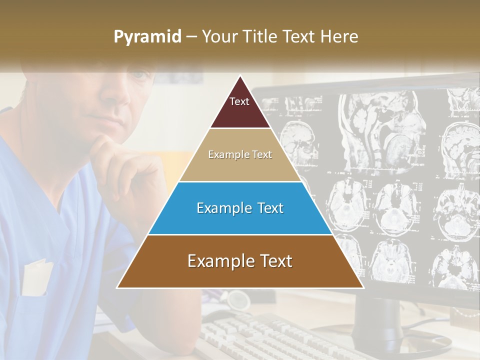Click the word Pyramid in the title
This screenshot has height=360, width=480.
[x=147, y=37]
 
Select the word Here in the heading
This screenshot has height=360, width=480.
[x=339, y=36]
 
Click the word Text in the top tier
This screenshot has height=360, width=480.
[x=239, y=101]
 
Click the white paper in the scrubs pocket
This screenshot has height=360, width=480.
[x=37, y=277]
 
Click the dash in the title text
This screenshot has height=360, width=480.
[x=191, y=37]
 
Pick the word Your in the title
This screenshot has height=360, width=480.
[x=218, y=36]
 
